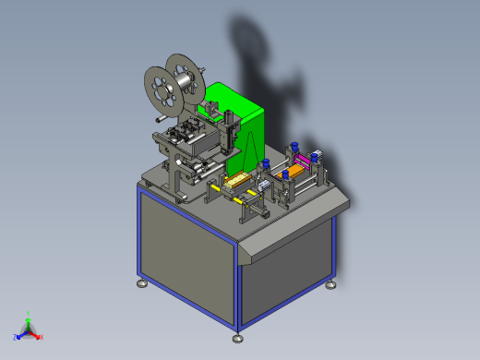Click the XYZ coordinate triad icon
pos(28,330)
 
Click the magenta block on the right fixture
pos(305,164)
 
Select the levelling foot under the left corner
pos(141,282)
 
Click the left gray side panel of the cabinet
pos(185,263)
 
